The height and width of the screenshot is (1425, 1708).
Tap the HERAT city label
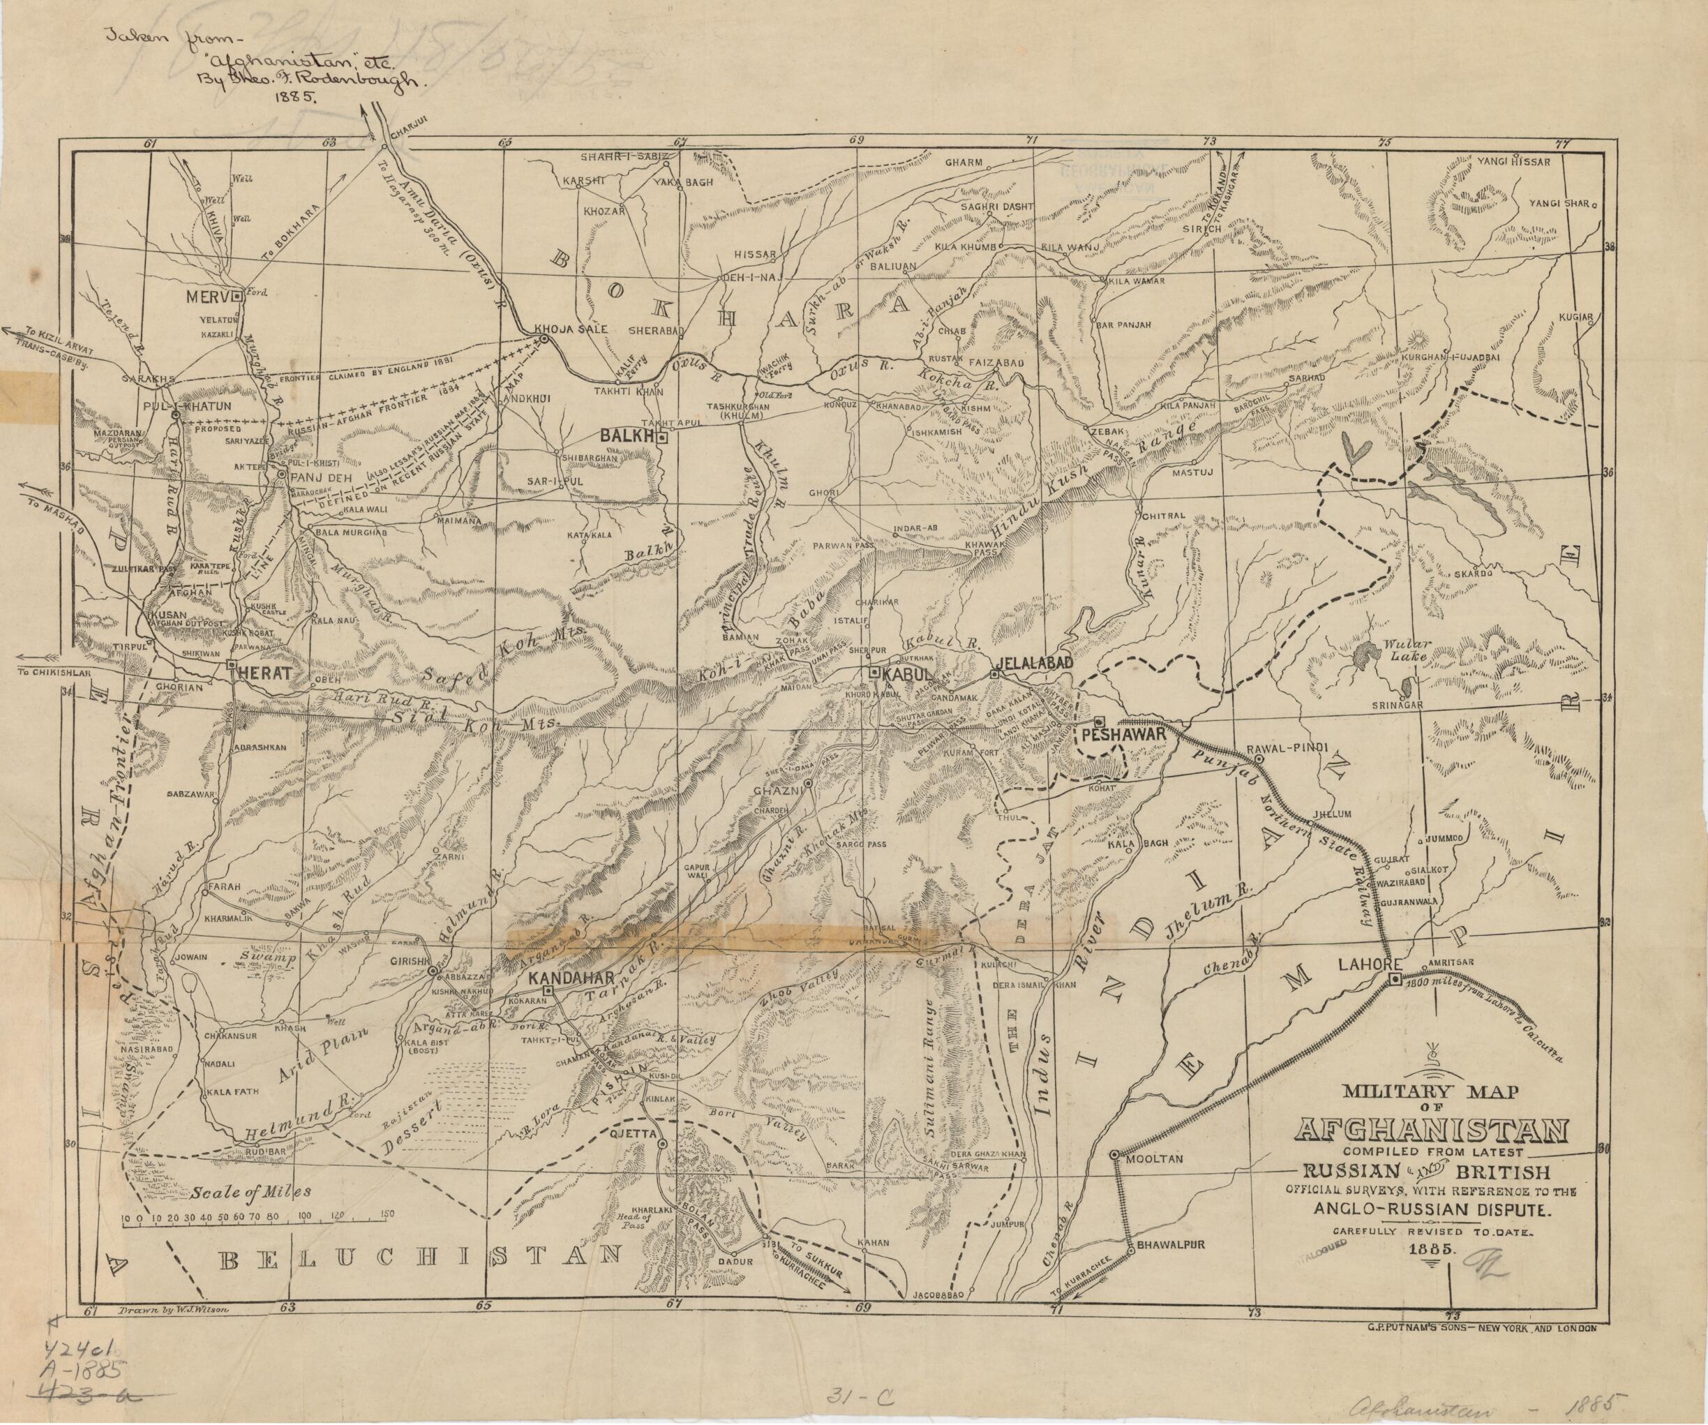(259, 673)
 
